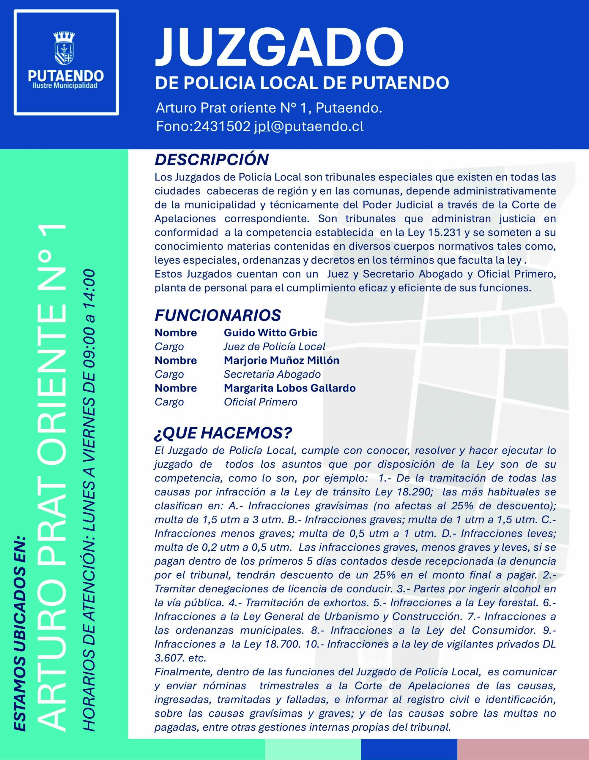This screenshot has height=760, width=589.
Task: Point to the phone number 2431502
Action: pyautogui.click(x=221, y=126)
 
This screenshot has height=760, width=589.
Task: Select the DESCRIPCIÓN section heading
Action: pyautogui.click(x=212, y=160)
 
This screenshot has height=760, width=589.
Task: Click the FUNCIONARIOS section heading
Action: pyautogui.click(x=218, y=315)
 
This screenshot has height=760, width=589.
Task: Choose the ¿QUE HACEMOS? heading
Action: pyautogui.click(x=223, y=433)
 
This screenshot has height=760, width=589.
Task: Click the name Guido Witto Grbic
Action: pyautogui.click(x=270, y=333)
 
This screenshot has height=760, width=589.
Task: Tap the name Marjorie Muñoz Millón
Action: pyautogui.click(x=281, y=360)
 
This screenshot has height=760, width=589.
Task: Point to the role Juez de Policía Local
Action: pyautogui.click(x=275, y=346)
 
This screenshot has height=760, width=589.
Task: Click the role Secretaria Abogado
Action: pyautogui.click(x=272, y=374)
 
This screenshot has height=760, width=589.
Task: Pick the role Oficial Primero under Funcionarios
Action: pyautogui.click(x=261, y=402)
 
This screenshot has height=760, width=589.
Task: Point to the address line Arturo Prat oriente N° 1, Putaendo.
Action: pyautogui.click(x=269, y=108)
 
